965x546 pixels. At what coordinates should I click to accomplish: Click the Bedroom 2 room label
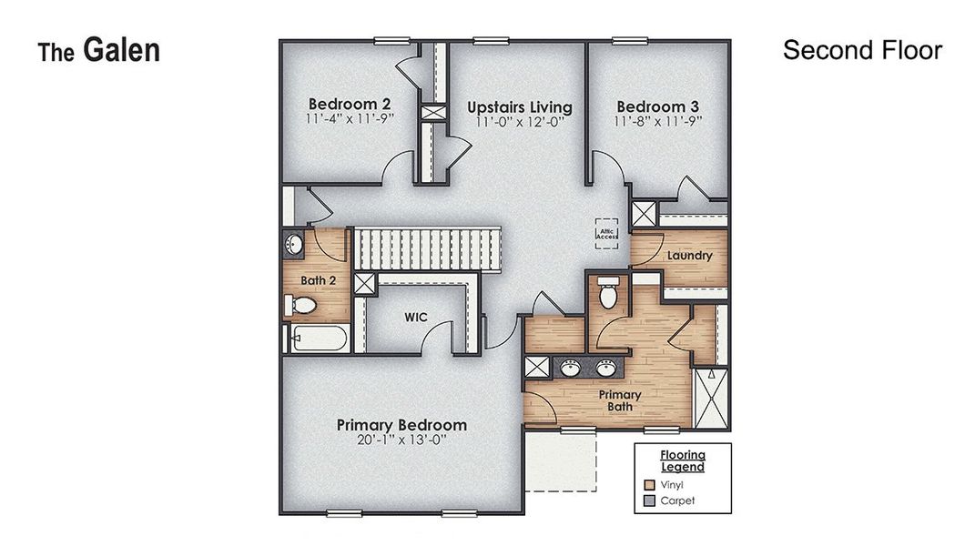350,104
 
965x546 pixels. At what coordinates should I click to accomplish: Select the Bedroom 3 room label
657,106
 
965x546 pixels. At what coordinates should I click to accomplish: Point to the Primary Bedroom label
401,425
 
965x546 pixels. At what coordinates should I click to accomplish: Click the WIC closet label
416,318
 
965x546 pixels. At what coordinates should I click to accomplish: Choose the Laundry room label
689,256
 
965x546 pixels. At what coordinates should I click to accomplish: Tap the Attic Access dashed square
607,233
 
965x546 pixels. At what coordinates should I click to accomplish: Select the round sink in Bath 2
293,245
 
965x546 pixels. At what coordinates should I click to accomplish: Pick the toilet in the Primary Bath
607,294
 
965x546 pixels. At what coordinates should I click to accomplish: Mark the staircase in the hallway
427,248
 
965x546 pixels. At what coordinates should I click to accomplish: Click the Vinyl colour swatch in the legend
649,485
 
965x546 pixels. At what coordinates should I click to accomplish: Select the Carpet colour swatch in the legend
649,500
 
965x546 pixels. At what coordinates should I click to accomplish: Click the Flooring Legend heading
682,460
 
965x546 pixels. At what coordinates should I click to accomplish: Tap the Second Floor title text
861,50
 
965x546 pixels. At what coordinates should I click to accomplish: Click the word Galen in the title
121,50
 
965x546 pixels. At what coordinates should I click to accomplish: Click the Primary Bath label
620,400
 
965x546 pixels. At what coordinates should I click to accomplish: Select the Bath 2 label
319,280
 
